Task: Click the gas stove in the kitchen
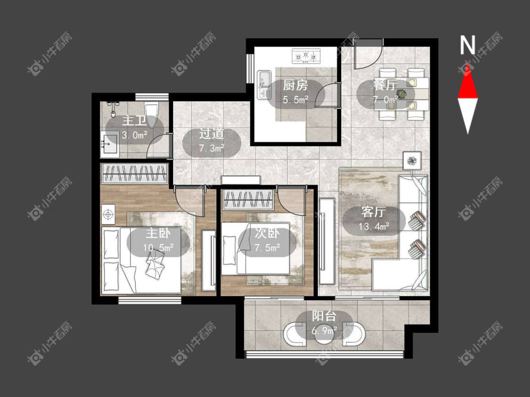point(306,56)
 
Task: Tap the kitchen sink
point(264,84)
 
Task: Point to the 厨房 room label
point(295,85)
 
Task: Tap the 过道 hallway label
point(212,134)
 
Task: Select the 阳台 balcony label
point(324,316)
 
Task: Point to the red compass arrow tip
point(468,63)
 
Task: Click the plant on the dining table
point(401,93)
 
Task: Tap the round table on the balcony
point(324,334)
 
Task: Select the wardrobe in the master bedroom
point(135,174)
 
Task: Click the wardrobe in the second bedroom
point(248,200)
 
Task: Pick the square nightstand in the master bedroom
point(108,214)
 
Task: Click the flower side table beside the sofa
point(412,161)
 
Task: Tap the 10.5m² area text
point(158,248)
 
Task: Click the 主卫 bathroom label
point(134,121)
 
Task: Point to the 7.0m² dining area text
point(385,100)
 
